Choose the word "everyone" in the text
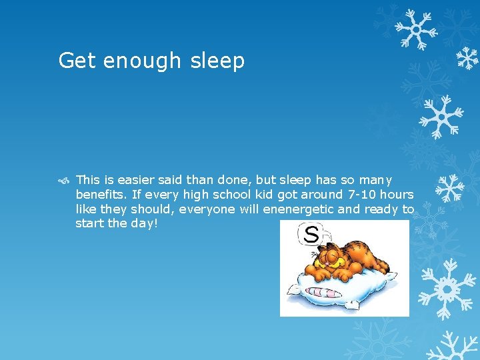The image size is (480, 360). [x=214, y=209]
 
